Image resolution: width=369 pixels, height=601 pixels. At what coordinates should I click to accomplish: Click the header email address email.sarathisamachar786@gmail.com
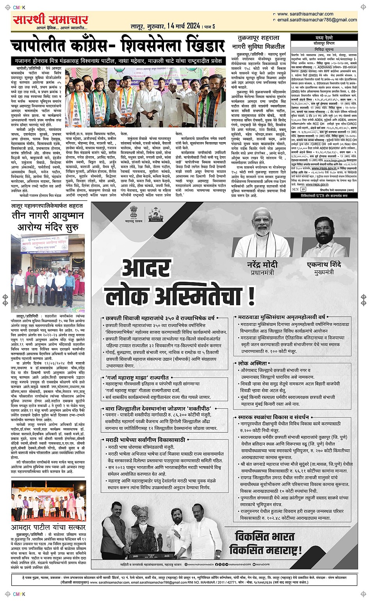[x=317, y=20]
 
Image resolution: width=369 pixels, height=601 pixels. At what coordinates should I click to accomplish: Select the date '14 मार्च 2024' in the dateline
[x=183, y=26]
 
